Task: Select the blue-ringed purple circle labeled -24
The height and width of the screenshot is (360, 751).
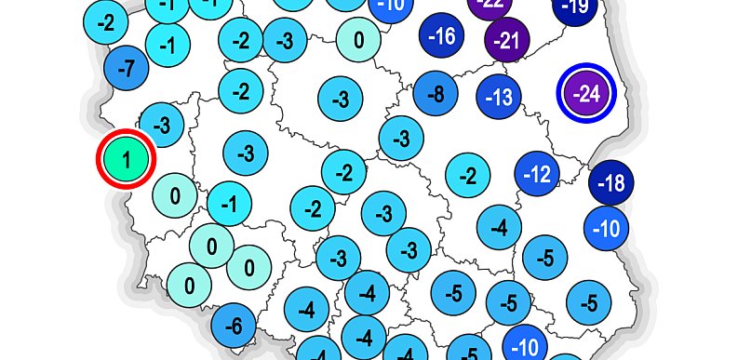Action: coord(587,94)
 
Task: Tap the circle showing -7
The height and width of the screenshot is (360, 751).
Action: coord(128,67)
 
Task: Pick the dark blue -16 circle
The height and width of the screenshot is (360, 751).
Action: coord(444,37)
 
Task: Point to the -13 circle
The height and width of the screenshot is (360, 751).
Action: coord(501,97)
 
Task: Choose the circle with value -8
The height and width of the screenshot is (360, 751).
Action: coord(436,94)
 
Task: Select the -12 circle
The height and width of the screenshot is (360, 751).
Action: coord(538,174)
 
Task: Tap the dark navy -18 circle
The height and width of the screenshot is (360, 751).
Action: coord(610,183)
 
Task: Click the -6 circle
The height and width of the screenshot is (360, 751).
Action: coord(235,326)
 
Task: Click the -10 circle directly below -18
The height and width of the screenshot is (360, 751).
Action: coord(606,228)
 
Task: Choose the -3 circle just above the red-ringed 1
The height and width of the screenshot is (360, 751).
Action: coord(162,124)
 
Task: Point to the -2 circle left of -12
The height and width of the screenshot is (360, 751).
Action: coord(468,175)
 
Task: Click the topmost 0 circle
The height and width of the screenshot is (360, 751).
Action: coord(359,41)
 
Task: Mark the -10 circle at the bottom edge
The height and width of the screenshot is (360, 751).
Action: coord(526,346)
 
